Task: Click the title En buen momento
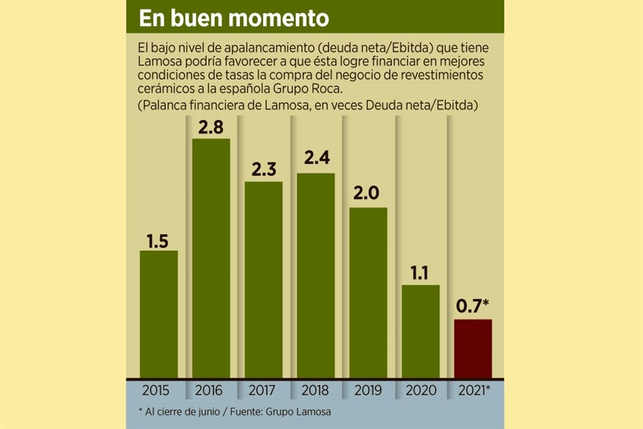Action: [x=234, y=18]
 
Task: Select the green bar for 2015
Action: [x=159, y=313]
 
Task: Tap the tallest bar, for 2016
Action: [x=211, y=258]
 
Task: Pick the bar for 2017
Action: [x=263, y=279]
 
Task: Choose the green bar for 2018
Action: [x=315, y=275]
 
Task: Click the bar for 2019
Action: [x=368, y=292]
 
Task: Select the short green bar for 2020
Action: [x=421, y=330]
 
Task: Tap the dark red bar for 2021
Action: [x=473, y=348]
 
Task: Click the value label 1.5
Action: [x=158, y=239]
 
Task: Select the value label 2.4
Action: [x=315, y=162]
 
